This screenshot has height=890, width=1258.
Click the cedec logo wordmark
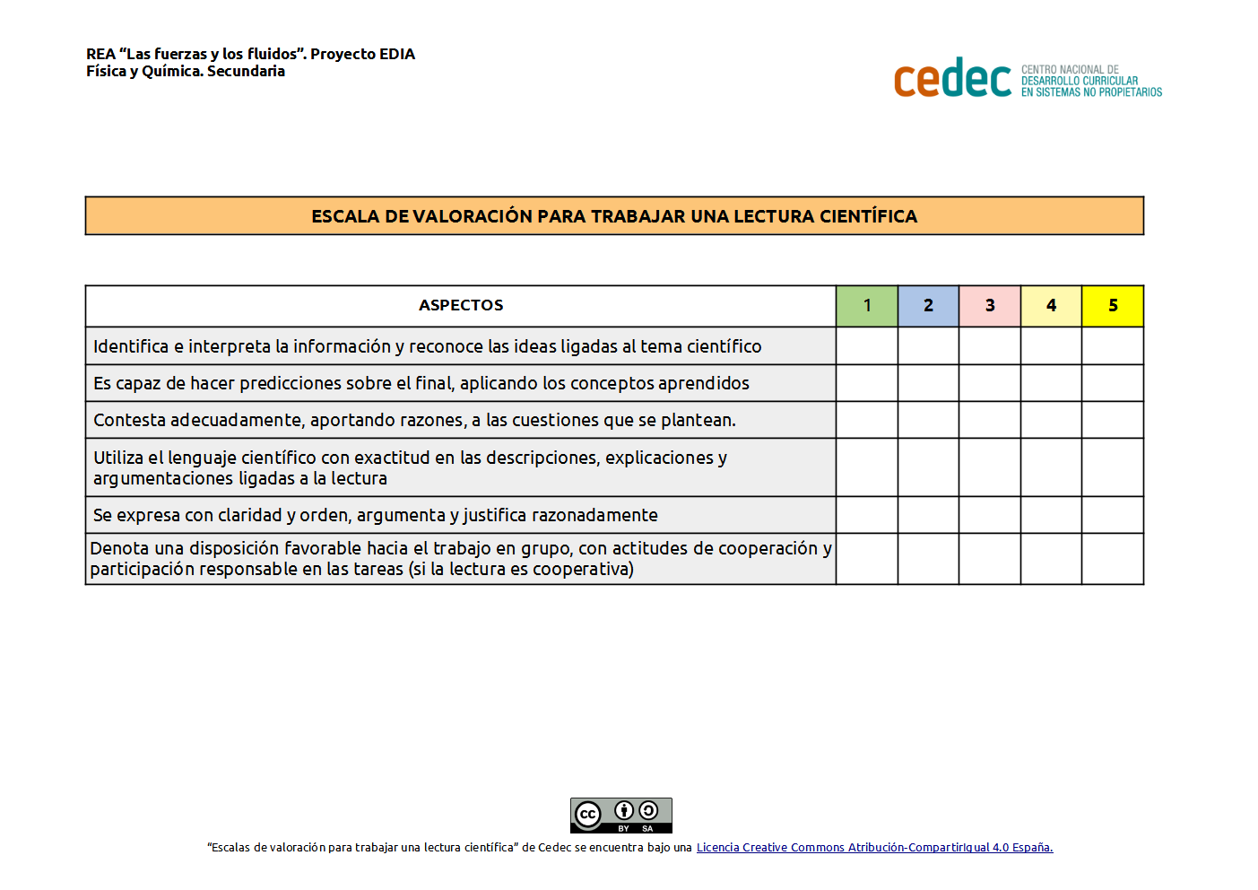click(952, 79)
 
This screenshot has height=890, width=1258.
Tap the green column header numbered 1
click(867, 306)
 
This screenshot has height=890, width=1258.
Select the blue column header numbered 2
click(928, 306)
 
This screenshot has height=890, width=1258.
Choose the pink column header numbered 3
click(990, 306)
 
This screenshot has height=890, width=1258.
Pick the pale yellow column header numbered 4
click(1051, 306)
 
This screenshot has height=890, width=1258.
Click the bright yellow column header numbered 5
click(1113, 306)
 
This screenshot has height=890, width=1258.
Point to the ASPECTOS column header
click(461, 306)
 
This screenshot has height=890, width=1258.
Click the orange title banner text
click(614, 216)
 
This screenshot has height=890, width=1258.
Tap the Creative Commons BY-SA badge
click(620, 816)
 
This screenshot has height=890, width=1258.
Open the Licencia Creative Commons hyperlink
click(874, 848)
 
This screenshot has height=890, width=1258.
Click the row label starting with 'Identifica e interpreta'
click(427, 346)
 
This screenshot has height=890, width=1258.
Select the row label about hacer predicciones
click(421, 383)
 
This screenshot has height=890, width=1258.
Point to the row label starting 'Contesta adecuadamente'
click(414, 420)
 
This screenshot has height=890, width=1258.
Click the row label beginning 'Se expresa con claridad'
click(375, 515)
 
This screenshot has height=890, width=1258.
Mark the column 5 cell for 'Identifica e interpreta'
click(1113, 346)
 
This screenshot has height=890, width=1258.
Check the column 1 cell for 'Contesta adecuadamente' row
click(867, 420)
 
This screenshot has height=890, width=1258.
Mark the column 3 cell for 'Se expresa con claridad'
click(990, 515)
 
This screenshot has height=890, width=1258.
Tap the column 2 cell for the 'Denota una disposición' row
click(928, 559)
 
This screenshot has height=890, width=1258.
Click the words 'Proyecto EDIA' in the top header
click(362, 54)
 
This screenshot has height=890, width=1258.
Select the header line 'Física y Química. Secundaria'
click(186, 72)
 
